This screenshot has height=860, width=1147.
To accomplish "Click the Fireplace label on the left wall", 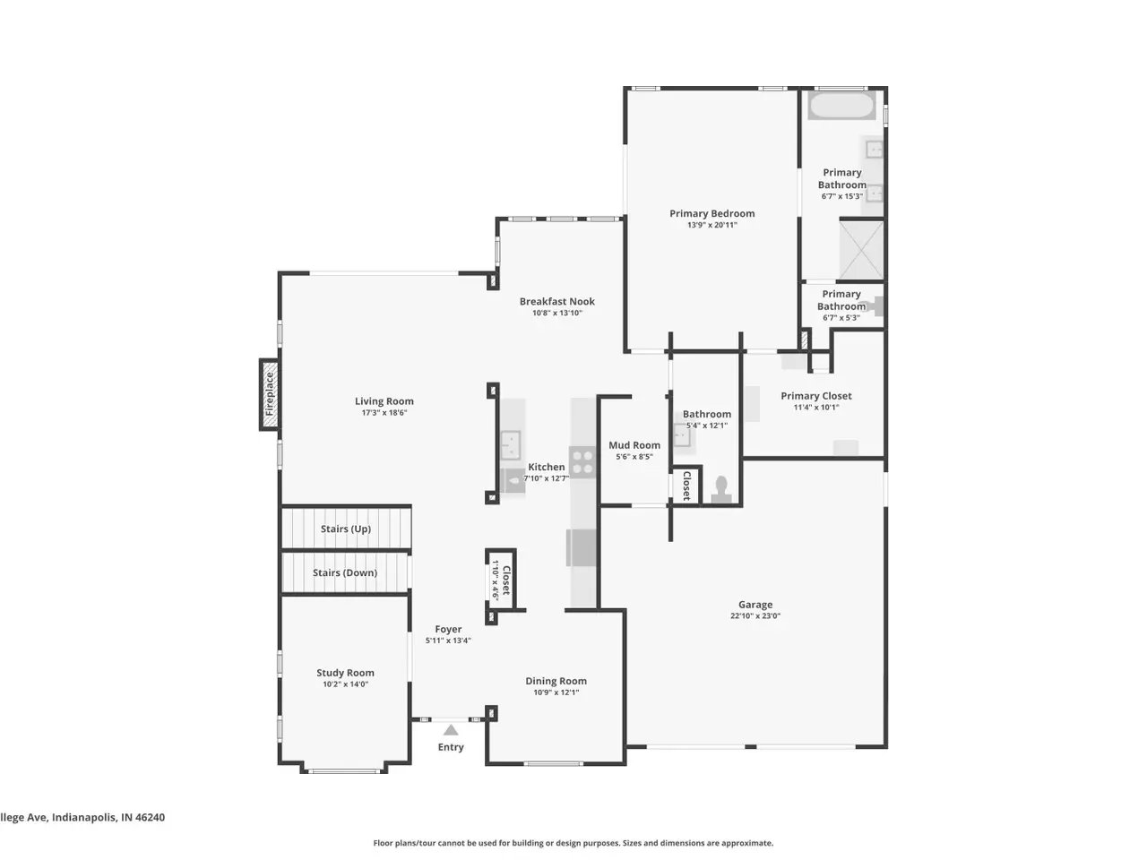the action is click(269, 394).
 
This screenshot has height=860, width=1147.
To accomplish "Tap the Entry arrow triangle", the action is click(451, 729).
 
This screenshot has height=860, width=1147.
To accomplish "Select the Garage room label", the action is click(755, 604).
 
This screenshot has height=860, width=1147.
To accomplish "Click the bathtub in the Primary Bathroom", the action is click(841, 106).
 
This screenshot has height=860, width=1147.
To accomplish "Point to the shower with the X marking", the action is click(860, 250).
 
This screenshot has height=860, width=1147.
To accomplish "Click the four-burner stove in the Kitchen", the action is click(582, 461).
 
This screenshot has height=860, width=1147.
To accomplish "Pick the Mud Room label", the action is click(634, 445).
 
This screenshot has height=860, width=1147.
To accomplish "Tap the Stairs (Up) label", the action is click(345, 529).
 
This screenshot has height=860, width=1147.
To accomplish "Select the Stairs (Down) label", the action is click(345, 572).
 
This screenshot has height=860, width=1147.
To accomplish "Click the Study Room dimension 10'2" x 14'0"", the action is click(345, 684).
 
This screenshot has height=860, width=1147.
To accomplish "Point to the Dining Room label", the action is click(556, 681).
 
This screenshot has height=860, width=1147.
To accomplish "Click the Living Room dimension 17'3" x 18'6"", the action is click(384, 412).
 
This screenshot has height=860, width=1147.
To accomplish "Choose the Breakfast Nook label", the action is click(557, 301).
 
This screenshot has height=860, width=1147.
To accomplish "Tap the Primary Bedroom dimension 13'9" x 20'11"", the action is click(711, 225).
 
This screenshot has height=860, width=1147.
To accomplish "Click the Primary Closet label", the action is click(815, 396).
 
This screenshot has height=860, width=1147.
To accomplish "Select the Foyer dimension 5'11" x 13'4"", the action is click(448, 641).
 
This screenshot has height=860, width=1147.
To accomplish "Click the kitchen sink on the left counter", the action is click(511, 443).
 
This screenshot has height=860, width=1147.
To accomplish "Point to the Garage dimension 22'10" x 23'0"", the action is click(755, 615).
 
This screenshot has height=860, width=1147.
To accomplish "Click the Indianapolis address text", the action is click(82, 817).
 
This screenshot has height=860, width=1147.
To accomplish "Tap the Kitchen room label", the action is click(546, 467).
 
